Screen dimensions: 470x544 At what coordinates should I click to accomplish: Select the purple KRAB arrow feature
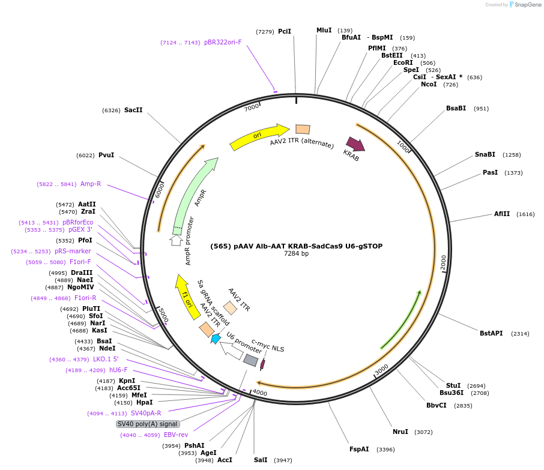355,145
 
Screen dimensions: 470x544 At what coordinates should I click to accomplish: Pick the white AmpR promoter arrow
176,240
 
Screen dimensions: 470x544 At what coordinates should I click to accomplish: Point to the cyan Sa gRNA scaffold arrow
216,339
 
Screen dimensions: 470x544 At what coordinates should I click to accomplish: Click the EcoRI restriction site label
403,63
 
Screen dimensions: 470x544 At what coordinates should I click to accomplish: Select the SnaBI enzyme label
485,155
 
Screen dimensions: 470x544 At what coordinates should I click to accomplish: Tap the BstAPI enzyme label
491,333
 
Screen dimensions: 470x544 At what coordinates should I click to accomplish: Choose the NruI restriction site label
400,432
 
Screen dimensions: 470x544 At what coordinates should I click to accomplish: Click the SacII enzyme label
133,110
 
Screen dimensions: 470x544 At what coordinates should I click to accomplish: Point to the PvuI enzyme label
106,155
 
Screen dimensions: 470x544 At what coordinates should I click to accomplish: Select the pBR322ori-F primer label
223,43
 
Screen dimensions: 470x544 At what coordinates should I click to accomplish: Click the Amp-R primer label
91,184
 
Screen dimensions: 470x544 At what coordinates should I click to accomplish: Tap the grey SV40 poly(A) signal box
147,424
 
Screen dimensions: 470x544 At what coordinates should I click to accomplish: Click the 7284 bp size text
297,254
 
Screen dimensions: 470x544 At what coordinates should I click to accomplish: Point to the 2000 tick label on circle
443,263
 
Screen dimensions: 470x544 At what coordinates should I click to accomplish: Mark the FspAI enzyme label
359,449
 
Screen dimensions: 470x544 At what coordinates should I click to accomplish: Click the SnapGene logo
522,5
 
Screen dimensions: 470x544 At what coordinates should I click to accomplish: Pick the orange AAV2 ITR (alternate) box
303,129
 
